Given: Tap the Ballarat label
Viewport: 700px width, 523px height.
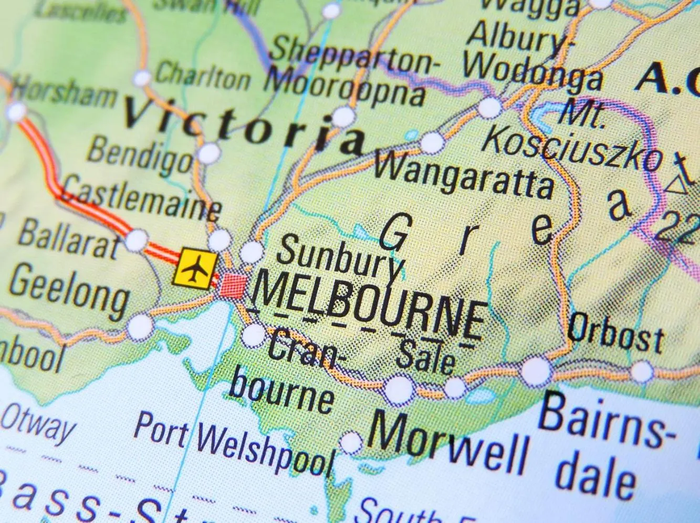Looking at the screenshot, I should click(x=68, y=239).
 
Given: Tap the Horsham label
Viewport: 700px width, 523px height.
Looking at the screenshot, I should click(x=63, y=95).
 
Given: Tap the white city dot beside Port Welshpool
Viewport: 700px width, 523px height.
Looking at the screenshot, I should click(x=351, y=442).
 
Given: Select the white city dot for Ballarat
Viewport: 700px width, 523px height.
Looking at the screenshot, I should click(x=137, y=240).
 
